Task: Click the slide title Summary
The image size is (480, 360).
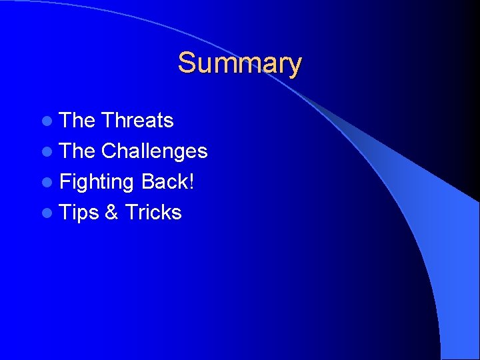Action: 239,63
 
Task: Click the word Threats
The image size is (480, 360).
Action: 137,121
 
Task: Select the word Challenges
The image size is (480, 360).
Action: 154,151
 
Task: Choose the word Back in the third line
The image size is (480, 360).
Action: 164,182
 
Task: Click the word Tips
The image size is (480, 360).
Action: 79,213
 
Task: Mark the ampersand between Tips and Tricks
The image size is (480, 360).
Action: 112,213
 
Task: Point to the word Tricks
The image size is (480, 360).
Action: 153,213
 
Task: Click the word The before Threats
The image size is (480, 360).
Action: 78,121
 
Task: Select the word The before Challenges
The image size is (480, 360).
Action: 78,151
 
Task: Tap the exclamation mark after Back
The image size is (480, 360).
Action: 192,182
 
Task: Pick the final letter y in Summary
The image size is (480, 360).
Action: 295,66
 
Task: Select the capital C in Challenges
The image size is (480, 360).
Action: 109,151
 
